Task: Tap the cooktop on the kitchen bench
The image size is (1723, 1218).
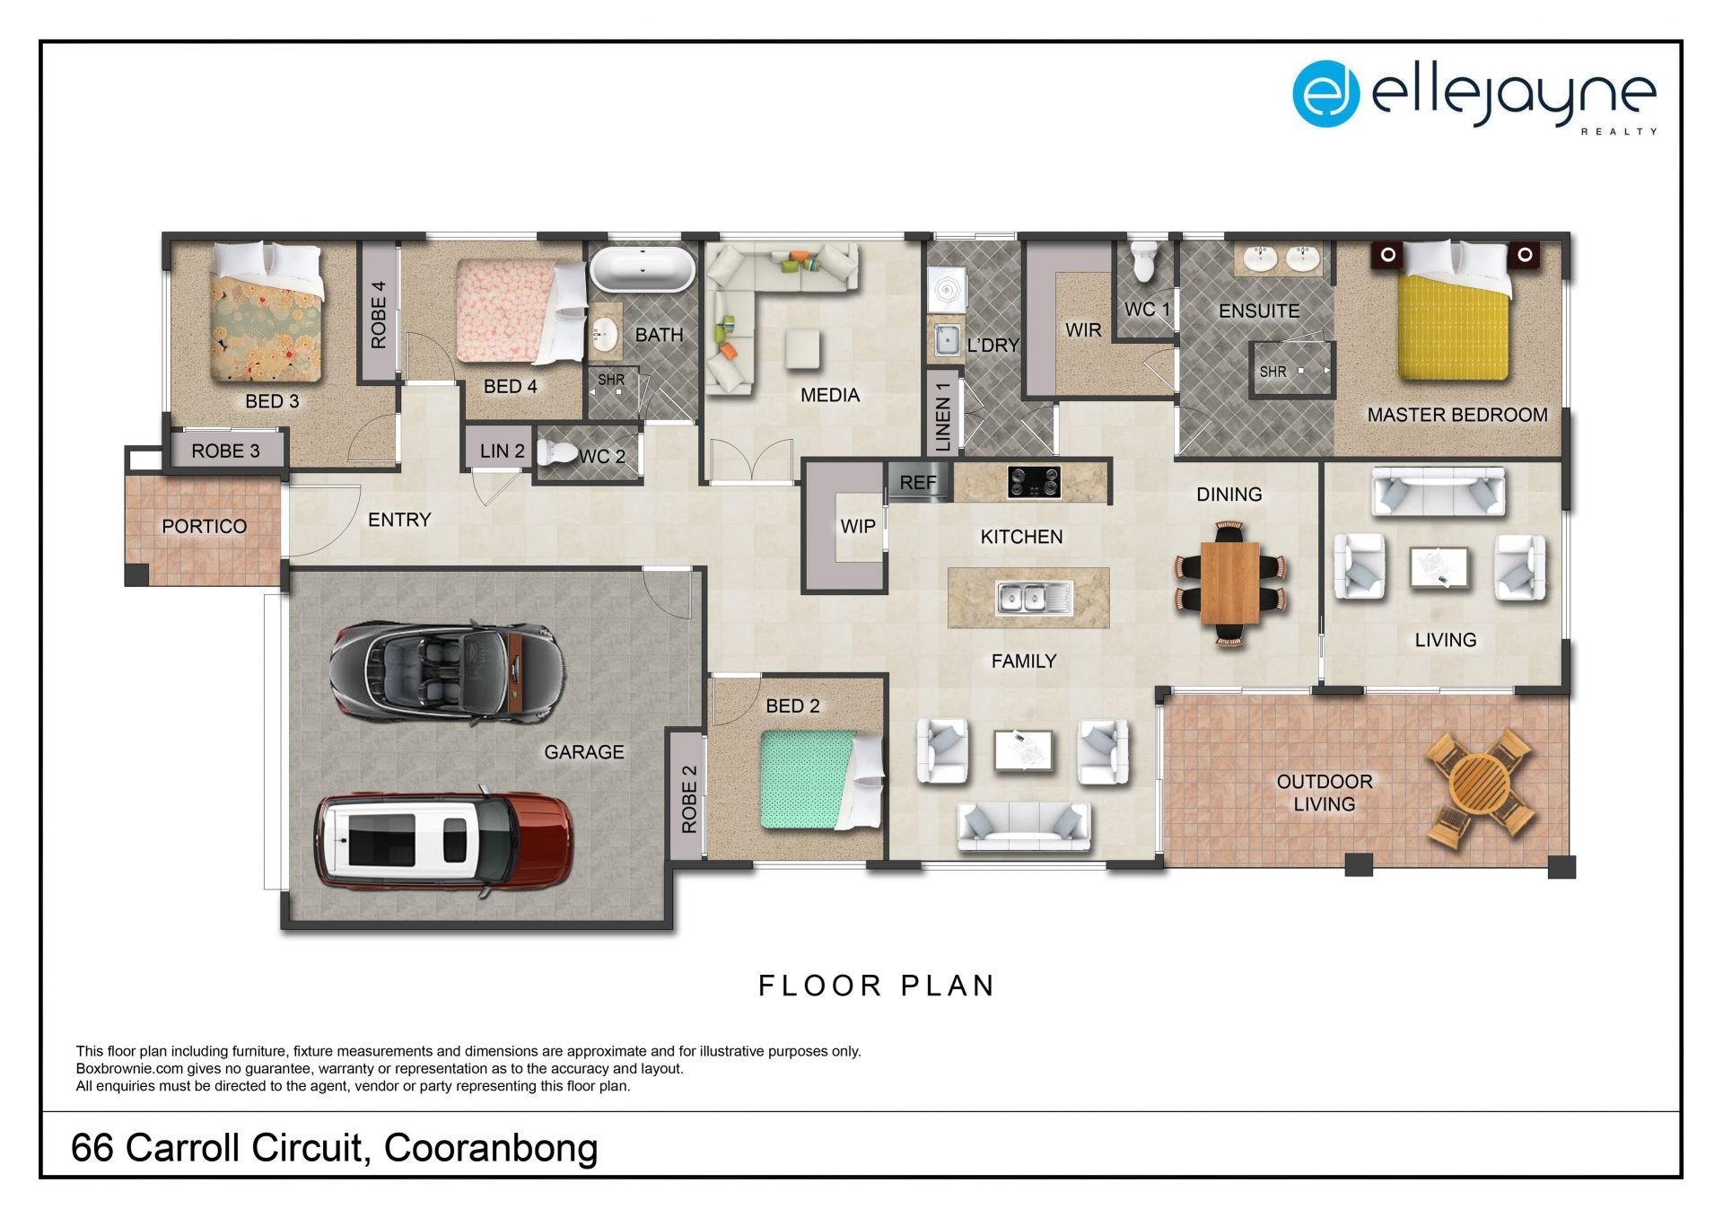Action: tap(1033, 482)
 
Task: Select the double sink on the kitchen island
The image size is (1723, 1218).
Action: tap(1034, 598)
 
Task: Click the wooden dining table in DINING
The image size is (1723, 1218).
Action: tap(1229, 583)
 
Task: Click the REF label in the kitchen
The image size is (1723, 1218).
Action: tap(918, 483)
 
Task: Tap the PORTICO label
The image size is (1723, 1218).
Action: tap(204, 527)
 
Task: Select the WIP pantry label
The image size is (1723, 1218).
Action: tap(858, 527)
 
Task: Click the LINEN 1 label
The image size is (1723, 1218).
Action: tap(942, 416)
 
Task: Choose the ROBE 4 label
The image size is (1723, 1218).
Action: tap(379, 314)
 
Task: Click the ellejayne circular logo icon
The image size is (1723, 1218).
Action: tap(1325, 93)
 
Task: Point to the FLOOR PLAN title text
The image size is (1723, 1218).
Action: tap(876, 986)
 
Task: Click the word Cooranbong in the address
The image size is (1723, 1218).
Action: tap(491, 1148)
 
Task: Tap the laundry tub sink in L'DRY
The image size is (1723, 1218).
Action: tap(945, 340)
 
